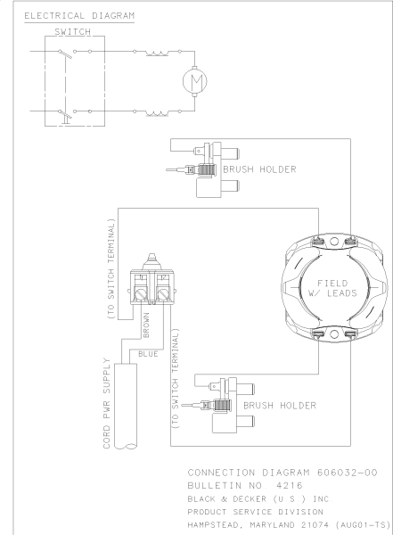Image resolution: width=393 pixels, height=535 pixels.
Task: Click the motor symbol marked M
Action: pyautogui.click(x=193, y=81)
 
